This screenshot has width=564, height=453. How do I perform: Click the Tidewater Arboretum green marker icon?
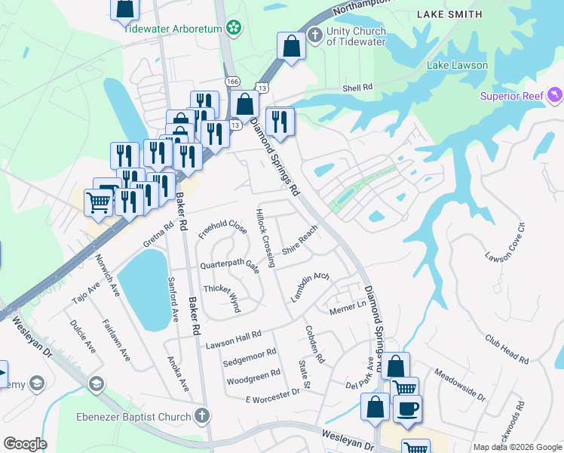tap(234, 27)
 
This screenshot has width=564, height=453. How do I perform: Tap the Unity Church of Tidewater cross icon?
tap(314, 36)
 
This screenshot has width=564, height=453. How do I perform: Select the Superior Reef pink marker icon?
tap(555, 95)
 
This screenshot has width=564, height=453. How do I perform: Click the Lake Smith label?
tap(449, 14)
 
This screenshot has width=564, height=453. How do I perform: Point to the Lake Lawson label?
tap(457, 65)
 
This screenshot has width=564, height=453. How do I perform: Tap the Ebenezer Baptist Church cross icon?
tap(201, 415)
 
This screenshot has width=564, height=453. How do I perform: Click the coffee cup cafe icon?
tap(407, 408)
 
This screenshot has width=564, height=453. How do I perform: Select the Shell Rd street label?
tap(358, 88)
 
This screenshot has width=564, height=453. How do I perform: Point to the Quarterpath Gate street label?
tap(229, 266)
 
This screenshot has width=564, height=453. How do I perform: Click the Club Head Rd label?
tap(507, 350)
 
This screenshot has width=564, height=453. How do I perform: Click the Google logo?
tap(25, 444)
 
